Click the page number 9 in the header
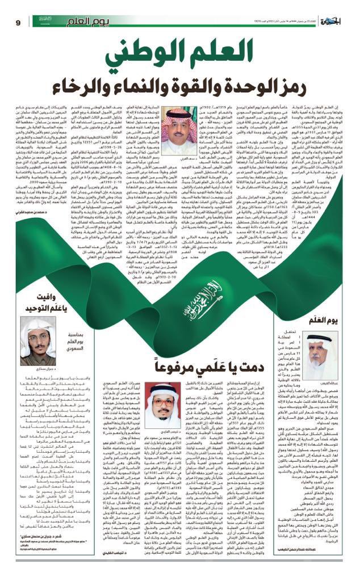(x=17, y=22)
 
